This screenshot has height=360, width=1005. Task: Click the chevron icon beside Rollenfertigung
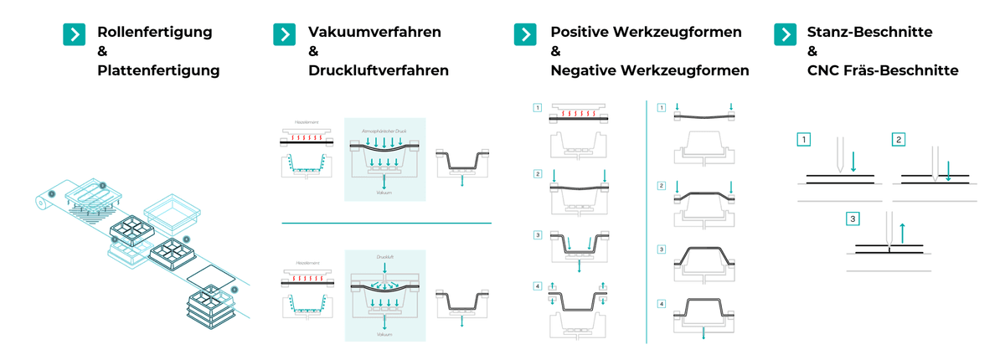pos(75,33)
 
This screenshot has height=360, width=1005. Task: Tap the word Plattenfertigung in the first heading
pos(158,71)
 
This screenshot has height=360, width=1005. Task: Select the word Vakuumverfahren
pos(374,33)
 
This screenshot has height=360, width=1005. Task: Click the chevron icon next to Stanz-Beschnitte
pos(785,33)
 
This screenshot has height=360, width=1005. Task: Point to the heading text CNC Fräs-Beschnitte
pos(883,71)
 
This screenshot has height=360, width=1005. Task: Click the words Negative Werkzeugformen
pos(649,71)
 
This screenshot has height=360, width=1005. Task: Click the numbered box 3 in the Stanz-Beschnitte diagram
pos(853,219)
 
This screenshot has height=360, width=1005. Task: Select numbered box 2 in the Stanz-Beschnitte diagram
pos(898,139)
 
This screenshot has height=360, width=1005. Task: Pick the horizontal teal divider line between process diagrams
pos(386,224)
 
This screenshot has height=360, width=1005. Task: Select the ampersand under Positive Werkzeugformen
pos(555,52)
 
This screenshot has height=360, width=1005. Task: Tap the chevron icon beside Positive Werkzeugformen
pos(524,33)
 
